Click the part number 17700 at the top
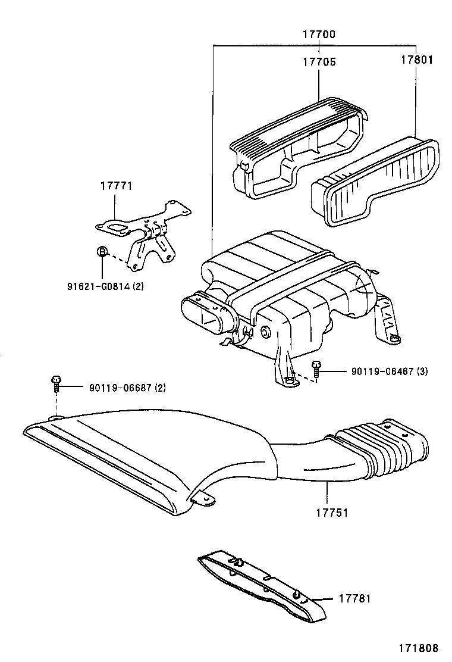318,35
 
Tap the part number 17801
416,60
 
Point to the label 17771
116,186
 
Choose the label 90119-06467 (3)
389,371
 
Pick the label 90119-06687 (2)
127,388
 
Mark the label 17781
354,598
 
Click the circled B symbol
102,252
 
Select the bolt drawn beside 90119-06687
56,382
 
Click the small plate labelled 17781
262,580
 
